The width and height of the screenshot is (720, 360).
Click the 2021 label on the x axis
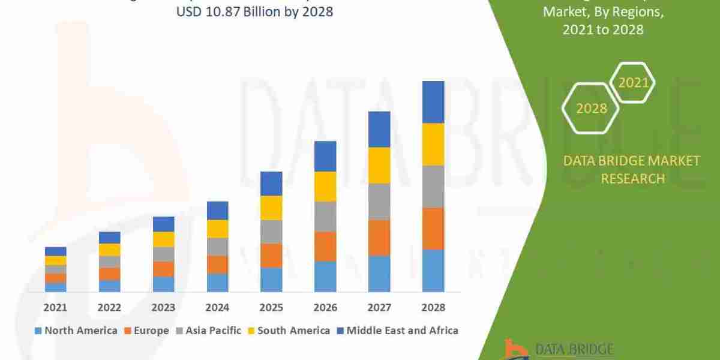pos(56,308)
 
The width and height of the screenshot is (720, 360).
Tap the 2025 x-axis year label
pos(271,308)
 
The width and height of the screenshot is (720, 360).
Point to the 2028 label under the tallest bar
pos(433,308)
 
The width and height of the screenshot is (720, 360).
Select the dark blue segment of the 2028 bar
pos(433,102)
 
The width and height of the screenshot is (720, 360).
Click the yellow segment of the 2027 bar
pos(379,165)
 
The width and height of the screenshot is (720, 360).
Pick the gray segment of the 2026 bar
pos(325,217)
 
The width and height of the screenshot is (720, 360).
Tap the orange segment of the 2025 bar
pos(271,256)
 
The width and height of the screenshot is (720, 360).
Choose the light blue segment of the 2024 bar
pos(217,283)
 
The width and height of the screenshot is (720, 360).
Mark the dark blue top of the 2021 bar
pos(56,251)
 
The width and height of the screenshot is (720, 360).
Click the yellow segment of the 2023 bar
pos(163,239)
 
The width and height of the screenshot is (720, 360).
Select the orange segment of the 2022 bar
pos(110,274)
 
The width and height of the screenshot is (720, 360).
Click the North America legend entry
pos(76,331)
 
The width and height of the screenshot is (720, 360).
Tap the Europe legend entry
pos(147,331)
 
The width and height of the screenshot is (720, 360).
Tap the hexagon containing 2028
pos(590,108)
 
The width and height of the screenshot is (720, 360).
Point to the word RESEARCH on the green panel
pos(632,179)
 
